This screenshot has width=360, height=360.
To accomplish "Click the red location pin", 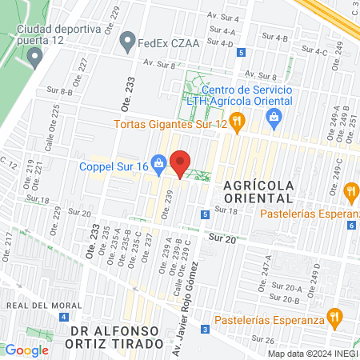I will click(180, 162).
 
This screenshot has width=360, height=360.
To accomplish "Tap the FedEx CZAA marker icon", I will click(126, 40).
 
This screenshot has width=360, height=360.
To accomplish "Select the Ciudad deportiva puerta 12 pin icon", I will click(34, 57).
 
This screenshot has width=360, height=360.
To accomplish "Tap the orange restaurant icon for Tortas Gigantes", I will click(236, 122).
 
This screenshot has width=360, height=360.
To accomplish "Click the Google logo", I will click(26, 350).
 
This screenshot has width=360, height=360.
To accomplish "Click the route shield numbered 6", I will click(351, 225).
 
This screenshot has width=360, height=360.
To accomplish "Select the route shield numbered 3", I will click(206, 330).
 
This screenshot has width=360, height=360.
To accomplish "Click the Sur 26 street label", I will click(285, 340).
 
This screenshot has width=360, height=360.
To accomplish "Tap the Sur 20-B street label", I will click(286, 300).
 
